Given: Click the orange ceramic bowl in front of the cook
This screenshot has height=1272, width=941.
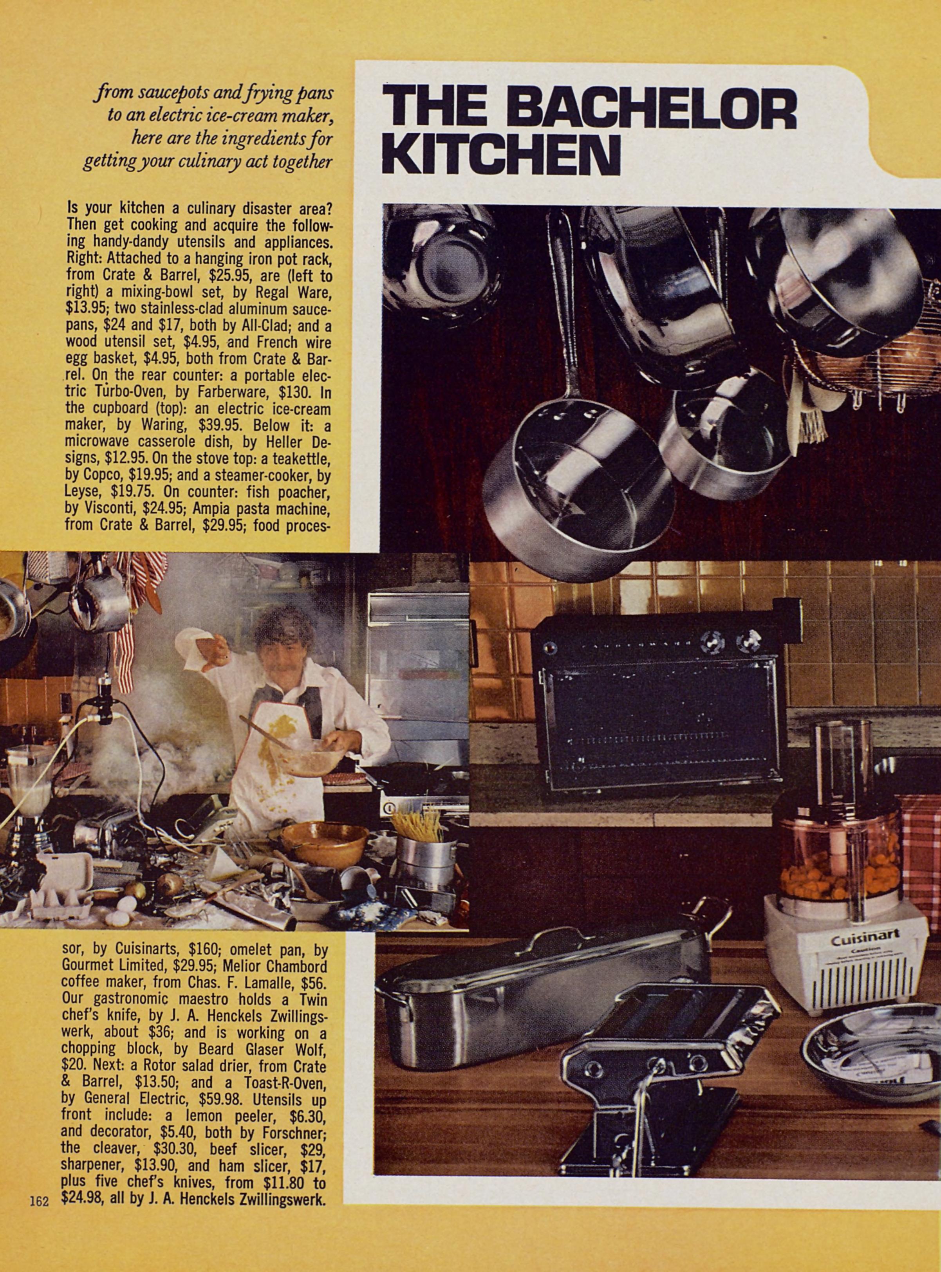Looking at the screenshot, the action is coord(324,845).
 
